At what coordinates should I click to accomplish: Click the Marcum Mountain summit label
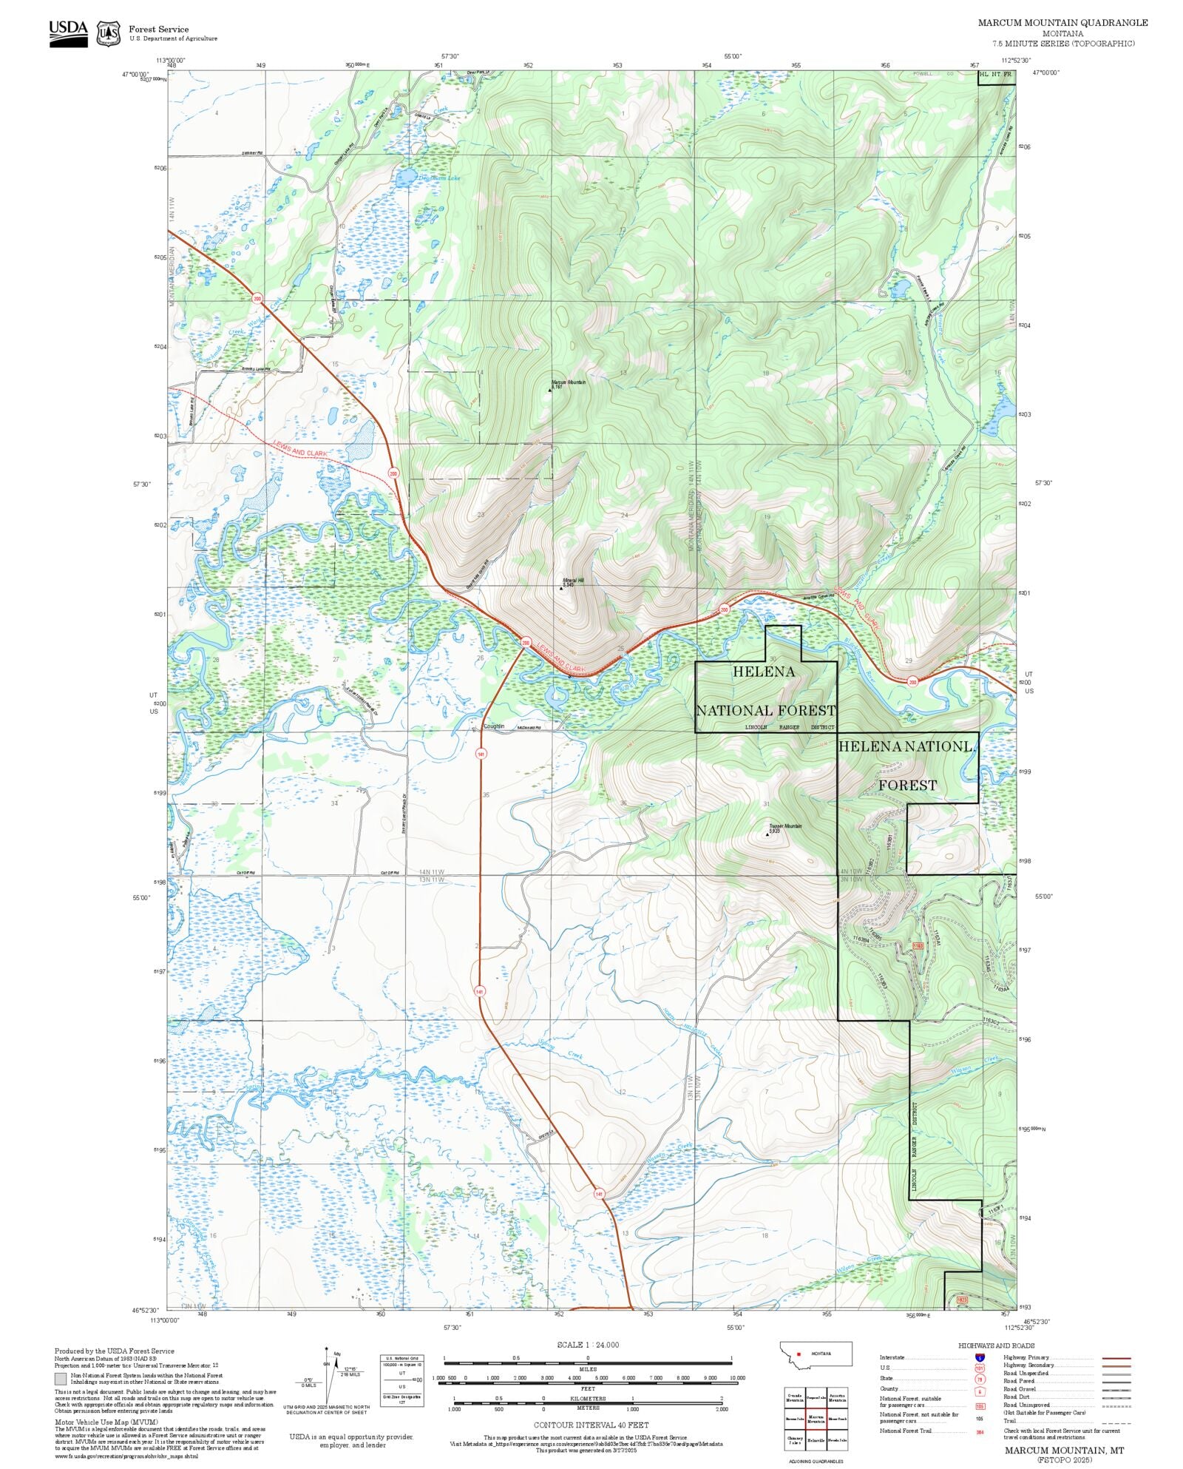pyautogui.click(x=568, y=383)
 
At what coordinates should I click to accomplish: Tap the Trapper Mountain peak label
pyautogui.click(x=784, y=827)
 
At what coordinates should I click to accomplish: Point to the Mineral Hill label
pyautogui.click(x=573, y=581)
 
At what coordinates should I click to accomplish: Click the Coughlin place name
pyautogui.click(x=493, y=726)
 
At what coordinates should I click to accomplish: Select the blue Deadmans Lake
pyautogui.click(x=405, y=178)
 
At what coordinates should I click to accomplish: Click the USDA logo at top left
pyautogui.click(x=68, y=33)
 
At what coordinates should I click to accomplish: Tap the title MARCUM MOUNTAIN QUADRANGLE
pyautogui.click(x=1062, y=23)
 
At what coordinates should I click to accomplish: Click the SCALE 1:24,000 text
pyautogui.click(x=588, y=1345)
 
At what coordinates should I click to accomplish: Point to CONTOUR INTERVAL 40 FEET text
pyautogui.click(x=591, y=1425)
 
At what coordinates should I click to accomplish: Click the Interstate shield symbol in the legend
pyautogui.click(x=980, y=1358)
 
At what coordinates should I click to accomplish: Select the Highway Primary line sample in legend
pyautogui.click(x=1116, y=1358)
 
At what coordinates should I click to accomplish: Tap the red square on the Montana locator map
pyautogui.click(x=799, y=1354)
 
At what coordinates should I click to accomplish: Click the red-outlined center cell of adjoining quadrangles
pyautogui.click(x=816, y=1419)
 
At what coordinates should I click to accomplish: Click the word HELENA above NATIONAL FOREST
pyautogui.click(x=763, y=672)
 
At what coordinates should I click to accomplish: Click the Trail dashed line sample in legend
pyautogui.click(x=1116, y=1421)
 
